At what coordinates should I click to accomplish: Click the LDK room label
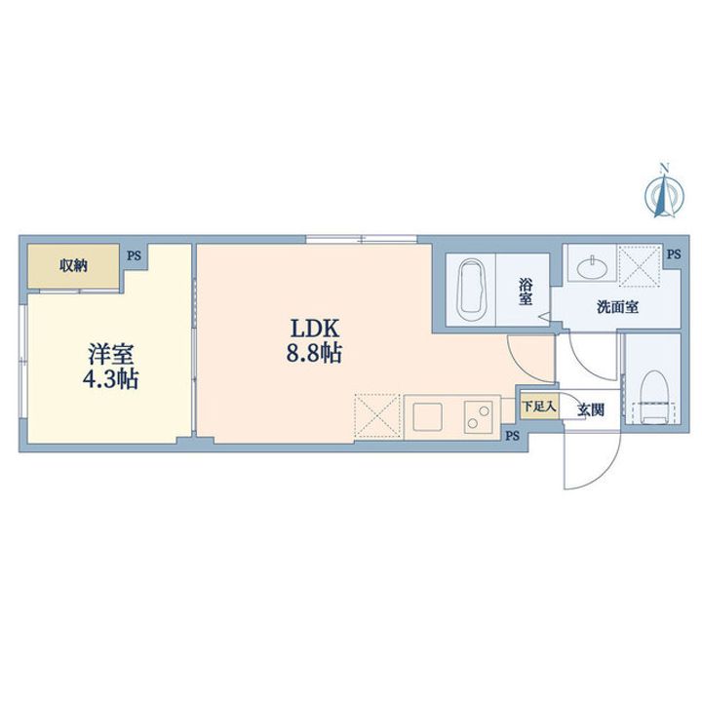coord(315,329)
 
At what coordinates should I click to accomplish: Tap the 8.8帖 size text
coord(314,353)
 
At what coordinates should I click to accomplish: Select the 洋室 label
coord(110,354)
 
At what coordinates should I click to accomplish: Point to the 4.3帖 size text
coord(110,379)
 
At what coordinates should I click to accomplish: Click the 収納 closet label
coord(73,266)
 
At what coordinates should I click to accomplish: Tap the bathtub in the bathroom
coord(471,291)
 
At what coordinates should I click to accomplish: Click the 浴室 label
coord(526,292)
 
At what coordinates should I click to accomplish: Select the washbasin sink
coord(593,268)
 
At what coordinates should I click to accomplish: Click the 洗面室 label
coord(617,307)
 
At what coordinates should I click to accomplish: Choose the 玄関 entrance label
coord(591,409)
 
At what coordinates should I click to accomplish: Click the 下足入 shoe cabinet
coord(539,406)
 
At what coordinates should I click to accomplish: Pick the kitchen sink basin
coord(428,416)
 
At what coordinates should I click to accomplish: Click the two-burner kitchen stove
coord(478,417)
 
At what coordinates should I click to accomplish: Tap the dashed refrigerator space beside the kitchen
coord(377,415)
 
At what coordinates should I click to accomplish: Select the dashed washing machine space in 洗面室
coord(640,265)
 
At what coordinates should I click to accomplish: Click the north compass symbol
coord(664,192)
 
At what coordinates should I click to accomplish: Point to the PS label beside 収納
coord(134,256)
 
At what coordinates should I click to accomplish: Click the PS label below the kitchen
coord(513,435)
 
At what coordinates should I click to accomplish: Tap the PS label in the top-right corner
coord(674,254)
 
